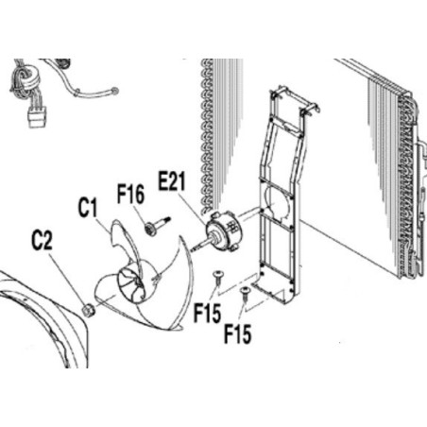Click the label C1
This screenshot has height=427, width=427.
pos(88,208)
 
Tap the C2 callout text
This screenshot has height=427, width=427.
pos(43,241)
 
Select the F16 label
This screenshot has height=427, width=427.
pos(130,195)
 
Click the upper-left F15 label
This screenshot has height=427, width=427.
pos(207,313)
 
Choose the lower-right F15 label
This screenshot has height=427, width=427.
pos(238,333)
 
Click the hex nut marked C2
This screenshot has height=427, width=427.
pos(88,310)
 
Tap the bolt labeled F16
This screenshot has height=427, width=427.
pos(158,224)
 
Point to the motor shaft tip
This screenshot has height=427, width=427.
pos(192,249)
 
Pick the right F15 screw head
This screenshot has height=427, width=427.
pos(245,289)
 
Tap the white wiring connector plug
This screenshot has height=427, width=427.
pos(38,117)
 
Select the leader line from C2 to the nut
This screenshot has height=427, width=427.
pos(67,280)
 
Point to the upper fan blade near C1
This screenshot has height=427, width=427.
pos(126,243)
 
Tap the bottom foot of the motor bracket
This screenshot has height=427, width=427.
pos(273,293)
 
